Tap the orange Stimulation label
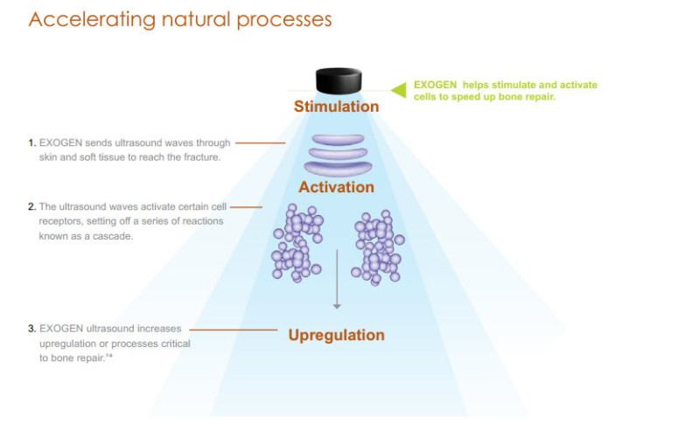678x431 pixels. pyautogui.click(x=336, y=107)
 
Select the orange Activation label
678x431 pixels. pyautogui.click(x=336, y=187)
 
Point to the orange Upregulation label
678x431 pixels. pyautogui.click(x=336, y=335)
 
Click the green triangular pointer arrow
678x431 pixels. pyautogui.click(x=398, y=90)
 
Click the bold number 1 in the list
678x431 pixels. pyautogui.click(x=31, y=141)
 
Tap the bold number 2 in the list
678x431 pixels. pyautogui.click(x=31, y=207)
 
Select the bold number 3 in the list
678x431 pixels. pyautogui.click(x=31, y=330)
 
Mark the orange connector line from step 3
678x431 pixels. pyautogui.click(x=233, y=330)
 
